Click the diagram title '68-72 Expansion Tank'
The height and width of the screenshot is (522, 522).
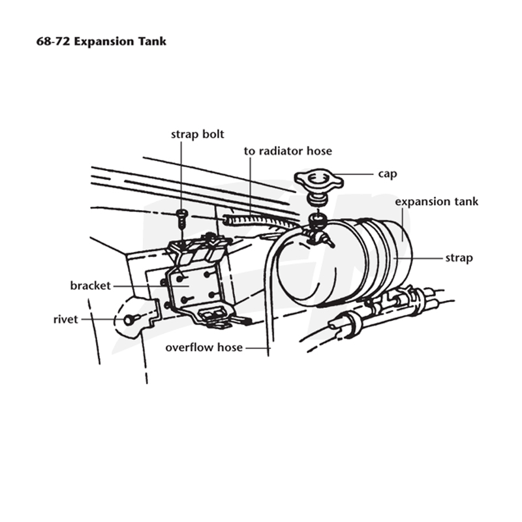[x=101, y=42]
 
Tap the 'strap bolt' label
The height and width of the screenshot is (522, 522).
[x=198, y=134]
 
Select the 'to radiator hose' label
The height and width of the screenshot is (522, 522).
[x=288, y=151]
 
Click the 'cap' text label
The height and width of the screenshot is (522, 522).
[x=388, y=174]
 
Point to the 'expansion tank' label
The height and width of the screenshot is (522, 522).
[x=437, y=202]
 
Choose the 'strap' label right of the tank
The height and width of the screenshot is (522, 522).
[x=459, y=258]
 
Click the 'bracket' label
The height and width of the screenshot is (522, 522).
[x=90, y=286]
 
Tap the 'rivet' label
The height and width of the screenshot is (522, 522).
[x=66, y=320]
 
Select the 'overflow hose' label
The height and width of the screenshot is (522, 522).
[x=204, y=348]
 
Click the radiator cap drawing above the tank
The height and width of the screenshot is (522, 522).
[x=318, y=181]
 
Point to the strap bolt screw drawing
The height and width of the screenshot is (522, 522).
[x=182, y=218]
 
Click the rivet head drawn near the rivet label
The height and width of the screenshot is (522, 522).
[x=129, y=320]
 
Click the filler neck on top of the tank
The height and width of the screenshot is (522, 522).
[x=317, y=223]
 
